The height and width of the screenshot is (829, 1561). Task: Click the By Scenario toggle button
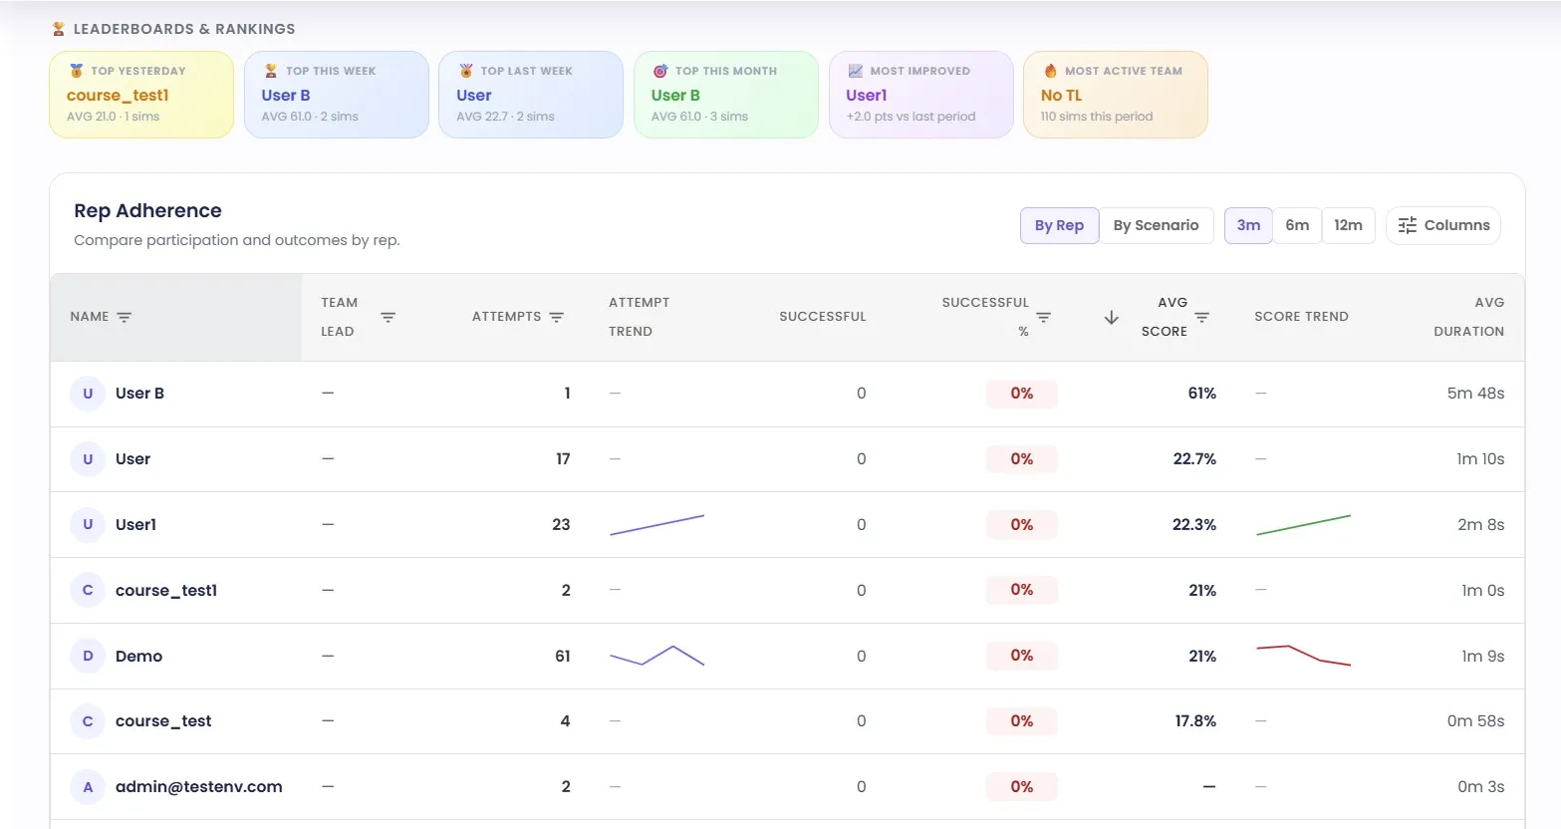tap(1156, 225)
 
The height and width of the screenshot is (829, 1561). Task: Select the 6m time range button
tap(1297, 225)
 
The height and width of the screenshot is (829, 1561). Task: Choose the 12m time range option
tap(1348, 225)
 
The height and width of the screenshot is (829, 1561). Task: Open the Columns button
tap(1443, 225)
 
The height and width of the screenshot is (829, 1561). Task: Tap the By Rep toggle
tap(1059, 225)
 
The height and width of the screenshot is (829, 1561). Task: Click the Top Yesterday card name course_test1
tap(118, 96)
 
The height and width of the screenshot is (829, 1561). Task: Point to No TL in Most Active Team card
tap(1061, 96)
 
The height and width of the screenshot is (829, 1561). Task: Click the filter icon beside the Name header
tap(125, 317)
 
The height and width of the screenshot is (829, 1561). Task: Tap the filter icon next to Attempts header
tap(557, 317)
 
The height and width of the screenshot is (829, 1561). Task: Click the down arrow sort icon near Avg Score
tap(1112, 317)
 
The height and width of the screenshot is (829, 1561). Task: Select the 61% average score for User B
tap(1201, 394)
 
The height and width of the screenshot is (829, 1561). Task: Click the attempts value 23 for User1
tap(561, 525)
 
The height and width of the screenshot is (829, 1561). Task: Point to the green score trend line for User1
tap(1303, 525)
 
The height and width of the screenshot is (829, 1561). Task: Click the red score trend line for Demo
tap(1303, 655)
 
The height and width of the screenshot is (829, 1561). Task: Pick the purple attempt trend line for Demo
tap(656, 656)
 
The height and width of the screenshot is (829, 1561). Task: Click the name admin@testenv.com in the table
tap(198, 787)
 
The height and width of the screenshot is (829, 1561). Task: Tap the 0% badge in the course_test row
tap(1021, 721)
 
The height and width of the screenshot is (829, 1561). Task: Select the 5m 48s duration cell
tap(1475, 394)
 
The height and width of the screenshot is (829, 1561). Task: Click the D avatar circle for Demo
tap(88, 656)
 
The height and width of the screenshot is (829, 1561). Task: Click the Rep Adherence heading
tap(147, 210)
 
